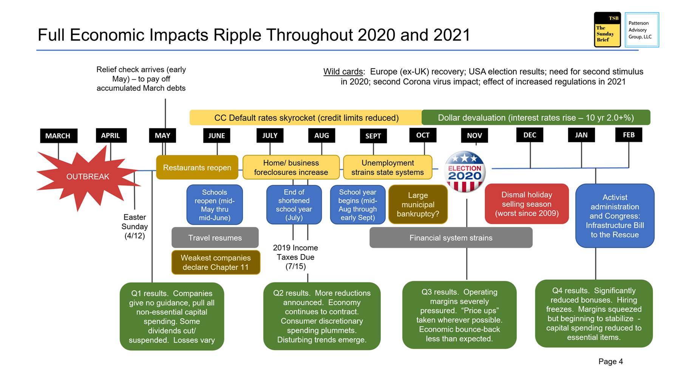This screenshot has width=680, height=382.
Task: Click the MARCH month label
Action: (58, 136)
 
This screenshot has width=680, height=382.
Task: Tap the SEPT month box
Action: (373, 136)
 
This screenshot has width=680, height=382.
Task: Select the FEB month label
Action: (629, 135)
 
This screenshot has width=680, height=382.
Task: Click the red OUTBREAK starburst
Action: (88, 177)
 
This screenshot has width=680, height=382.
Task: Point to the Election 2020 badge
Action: (465, 172)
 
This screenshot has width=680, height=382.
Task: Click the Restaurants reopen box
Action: (197, 168)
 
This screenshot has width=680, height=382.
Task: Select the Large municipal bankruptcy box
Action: (418, 205)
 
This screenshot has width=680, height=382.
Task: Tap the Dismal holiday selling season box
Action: (527, 204)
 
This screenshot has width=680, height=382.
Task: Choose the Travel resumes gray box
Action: (215, 238)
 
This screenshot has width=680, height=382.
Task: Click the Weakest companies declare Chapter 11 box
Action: (216, 262)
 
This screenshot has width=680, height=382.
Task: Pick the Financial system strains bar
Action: (451, 238)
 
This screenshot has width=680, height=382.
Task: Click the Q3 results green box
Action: (459, 315)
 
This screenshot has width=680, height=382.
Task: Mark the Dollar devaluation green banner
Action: (536, 118)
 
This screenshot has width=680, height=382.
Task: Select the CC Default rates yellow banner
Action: (306, 118)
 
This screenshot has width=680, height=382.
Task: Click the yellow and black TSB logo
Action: (607, 30)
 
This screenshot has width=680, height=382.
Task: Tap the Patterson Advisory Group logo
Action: (641, 30)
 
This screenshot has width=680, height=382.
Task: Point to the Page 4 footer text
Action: (610, 362)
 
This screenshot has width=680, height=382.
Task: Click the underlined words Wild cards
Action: (343, 72)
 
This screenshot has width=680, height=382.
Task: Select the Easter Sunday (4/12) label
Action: (134, 226)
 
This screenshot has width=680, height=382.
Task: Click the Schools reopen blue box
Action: (215, 205)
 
